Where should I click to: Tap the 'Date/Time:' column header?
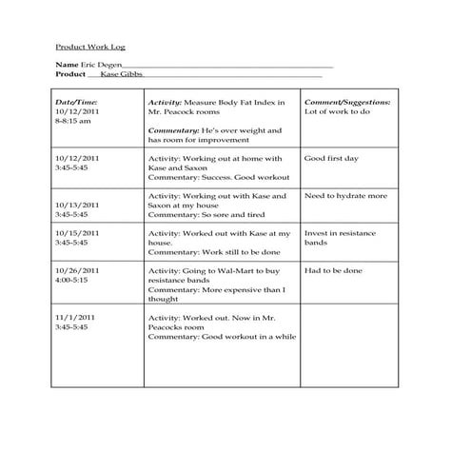point(76,102)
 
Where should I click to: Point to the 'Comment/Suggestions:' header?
point(346,102)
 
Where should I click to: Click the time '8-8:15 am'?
point(73,122)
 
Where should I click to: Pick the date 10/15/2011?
point(76,233)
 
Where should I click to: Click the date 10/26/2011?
point(76,271)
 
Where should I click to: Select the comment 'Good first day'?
point(330,158)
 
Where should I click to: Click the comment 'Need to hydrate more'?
point(345,196)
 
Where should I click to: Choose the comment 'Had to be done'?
point(333,271)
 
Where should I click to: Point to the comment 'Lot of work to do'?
point(337,112)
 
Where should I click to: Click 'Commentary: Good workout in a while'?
point(223,337)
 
